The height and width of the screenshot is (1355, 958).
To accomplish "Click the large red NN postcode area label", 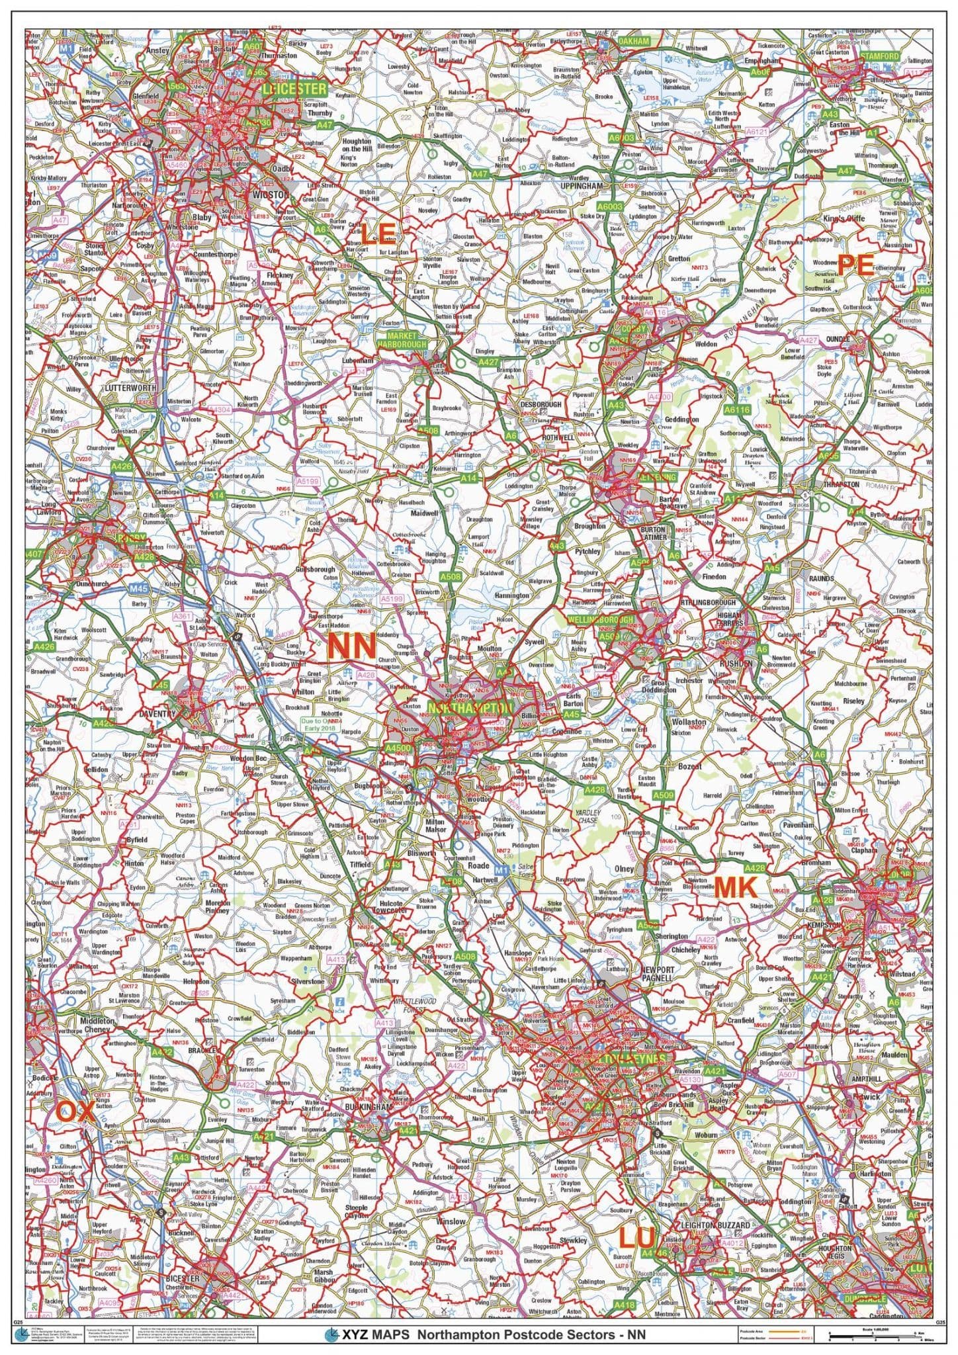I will point(352,646).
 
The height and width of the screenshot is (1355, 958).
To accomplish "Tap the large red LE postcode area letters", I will point(378,233).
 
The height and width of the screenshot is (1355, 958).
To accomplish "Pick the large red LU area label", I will point(638,1235).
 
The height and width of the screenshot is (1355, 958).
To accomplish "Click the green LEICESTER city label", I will point(294,88).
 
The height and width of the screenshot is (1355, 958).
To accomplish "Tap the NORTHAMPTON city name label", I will point(470,708).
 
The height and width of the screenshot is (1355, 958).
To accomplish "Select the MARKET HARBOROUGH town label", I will point(402,340).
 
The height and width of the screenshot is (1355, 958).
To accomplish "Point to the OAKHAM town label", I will point(634,41).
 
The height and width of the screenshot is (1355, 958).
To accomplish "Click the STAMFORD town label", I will point(880,56).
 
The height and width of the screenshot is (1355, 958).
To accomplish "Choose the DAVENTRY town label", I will point(156,715).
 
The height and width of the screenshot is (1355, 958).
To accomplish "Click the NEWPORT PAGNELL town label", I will point(657,973).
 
